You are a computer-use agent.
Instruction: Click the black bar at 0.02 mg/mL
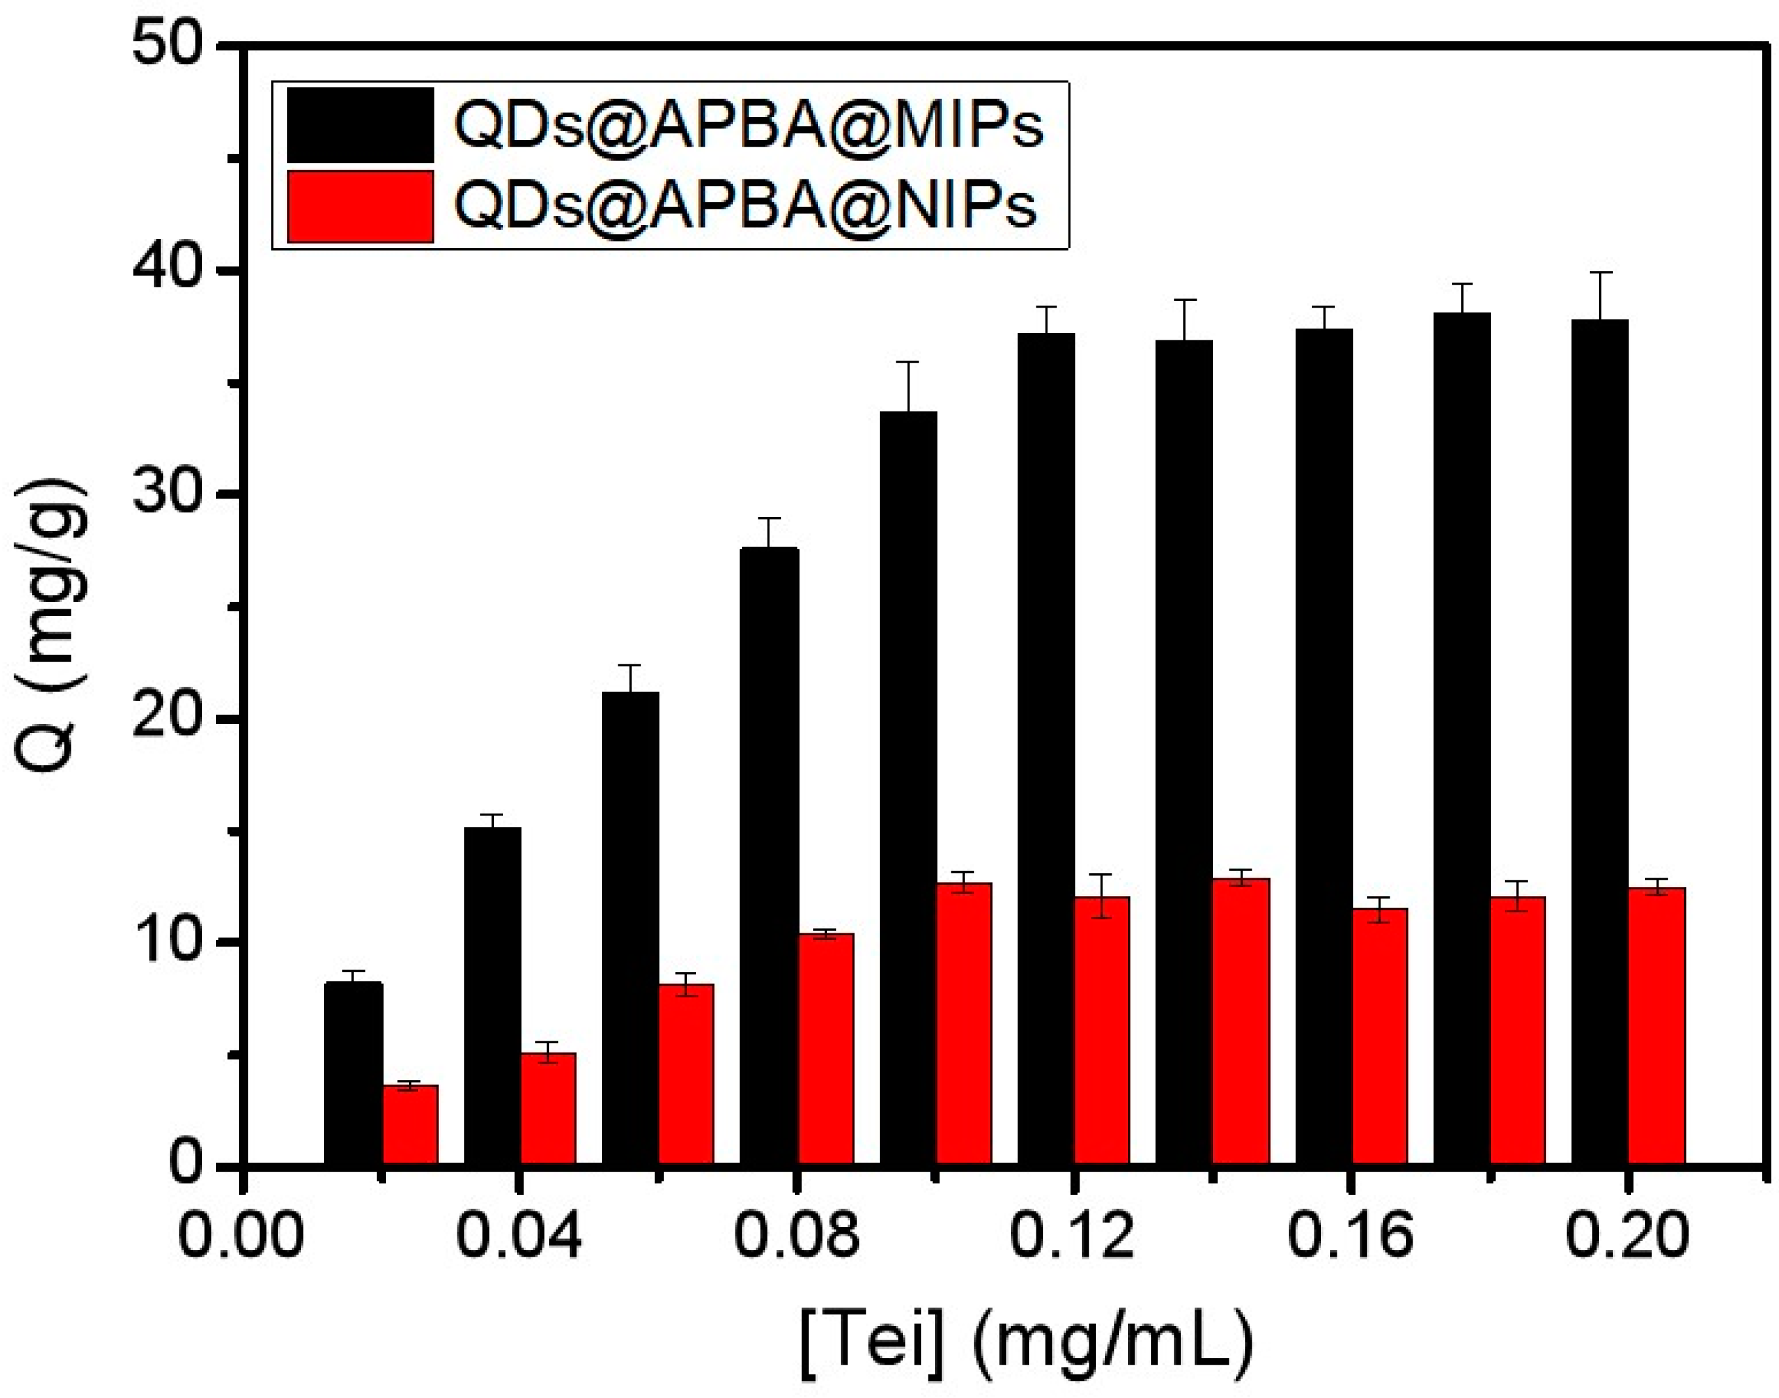(353, 1072)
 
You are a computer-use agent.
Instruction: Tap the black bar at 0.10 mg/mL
(908, 786)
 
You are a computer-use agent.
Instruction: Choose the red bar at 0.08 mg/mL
(825, 1048)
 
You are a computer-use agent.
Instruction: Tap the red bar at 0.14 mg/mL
(1241, 1020)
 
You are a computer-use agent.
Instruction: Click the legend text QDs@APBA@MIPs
(749, 125)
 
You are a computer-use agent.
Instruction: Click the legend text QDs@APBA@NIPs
(745, 205)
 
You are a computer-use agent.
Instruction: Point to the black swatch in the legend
(360, 125)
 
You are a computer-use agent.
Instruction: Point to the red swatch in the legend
(360, 206)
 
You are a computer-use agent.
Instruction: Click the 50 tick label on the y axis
(167, 48)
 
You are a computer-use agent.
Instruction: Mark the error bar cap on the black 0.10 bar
(908, 362)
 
